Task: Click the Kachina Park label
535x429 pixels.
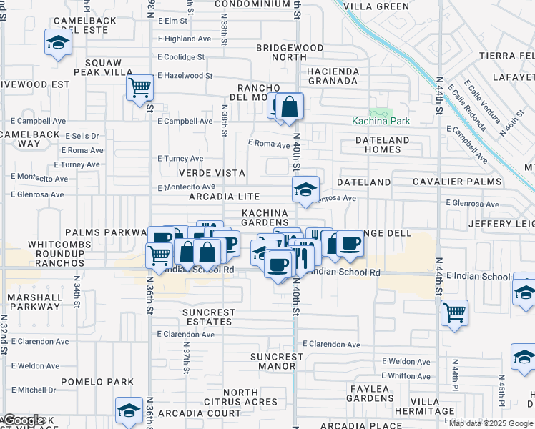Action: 381,121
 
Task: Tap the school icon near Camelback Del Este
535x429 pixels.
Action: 57,43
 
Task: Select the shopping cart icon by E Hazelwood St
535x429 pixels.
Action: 139,88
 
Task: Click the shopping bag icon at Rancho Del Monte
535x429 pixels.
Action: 290,107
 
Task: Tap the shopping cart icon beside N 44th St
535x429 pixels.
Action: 454,312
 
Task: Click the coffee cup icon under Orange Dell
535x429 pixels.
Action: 349,245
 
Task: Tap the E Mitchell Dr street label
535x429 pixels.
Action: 33,390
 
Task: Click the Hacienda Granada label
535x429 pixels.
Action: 332,76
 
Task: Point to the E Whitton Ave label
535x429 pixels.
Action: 406,376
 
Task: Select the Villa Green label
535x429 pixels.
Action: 376,6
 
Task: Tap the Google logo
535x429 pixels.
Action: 24,420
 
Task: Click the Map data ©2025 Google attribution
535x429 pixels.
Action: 491,423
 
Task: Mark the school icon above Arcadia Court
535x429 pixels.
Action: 129,410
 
